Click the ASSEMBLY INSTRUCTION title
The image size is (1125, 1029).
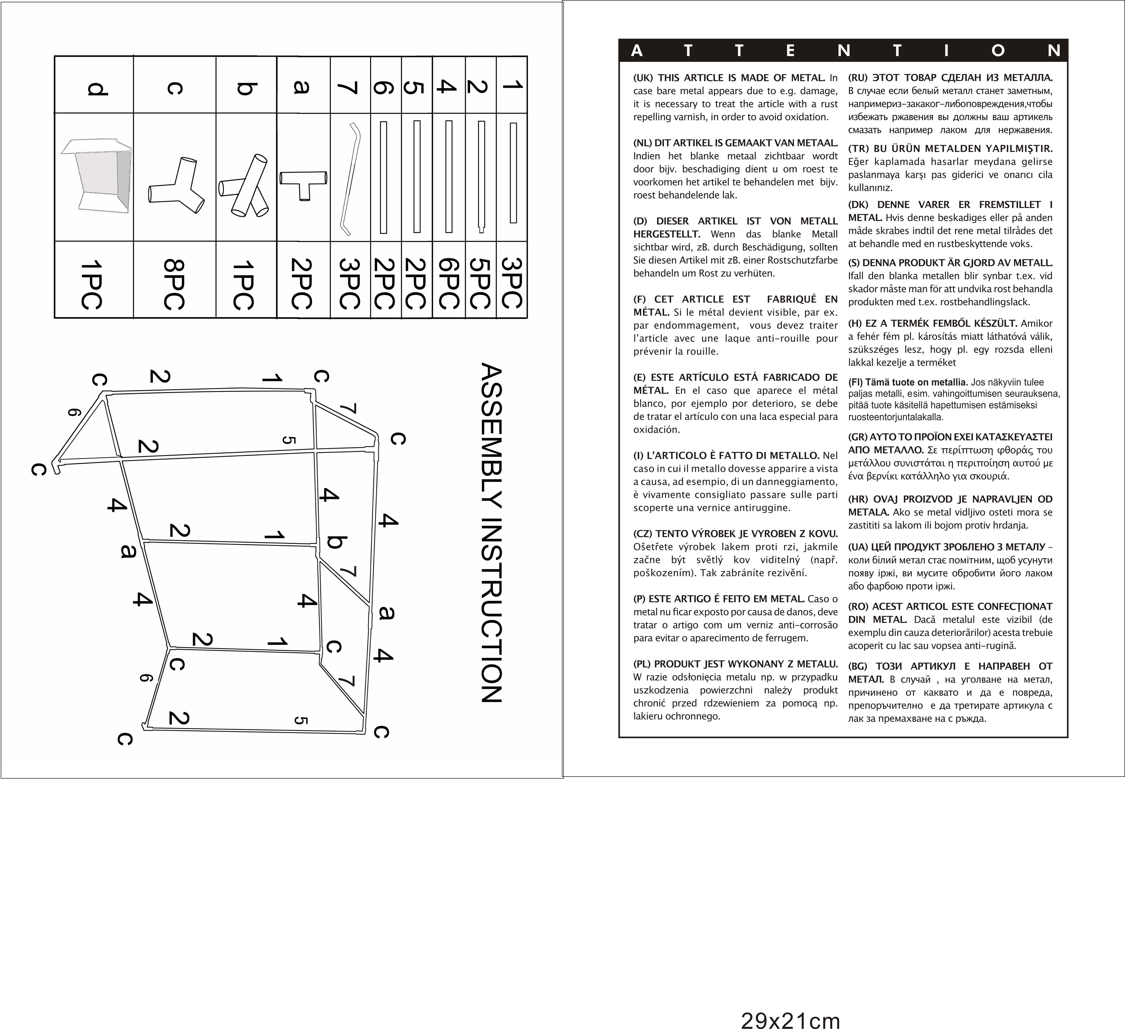tap(491, 533)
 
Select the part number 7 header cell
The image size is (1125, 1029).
tap(350, 86)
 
